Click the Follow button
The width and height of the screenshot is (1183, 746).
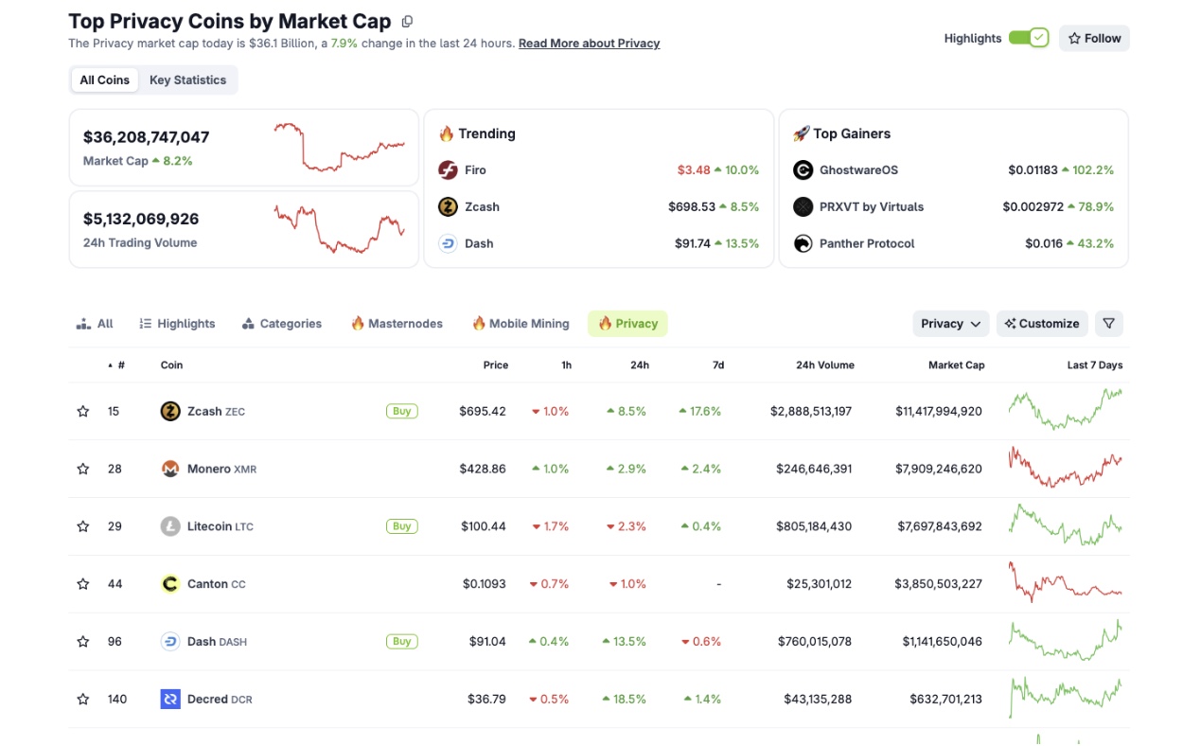(x=1094, y=38)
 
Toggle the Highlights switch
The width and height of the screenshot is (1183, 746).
(x=1028, y=38)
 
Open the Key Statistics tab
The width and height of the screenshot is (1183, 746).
(x=187, y=80)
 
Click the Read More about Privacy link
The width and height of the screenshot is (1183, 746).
(x=589, y=44)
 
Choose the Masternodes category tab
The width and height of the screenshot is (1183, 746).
(x=397, y=324)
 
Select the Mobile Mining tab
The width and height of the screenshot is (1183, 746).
(x=521, y=324)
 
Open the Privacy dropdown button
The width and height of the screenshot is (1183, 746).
(x=950, y=324)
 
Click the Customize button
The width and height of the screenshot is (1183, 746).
(x=1041, y=324)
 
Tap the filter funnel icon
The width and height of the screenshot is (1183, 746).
(x=1108, y=324)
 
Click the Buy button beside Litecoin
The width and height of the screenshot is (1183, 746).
(x=401, y=526)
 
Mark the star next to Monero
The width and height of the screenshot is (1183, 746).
(x=83, y=469)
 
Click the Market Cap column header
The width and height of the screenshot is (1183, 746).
(x=956, y=365)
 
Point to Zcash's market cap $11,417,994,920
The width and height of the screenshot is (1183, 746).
(x=938, y=412)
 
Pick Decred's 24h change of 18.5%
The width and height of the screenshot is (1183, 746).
(x=625, y=700)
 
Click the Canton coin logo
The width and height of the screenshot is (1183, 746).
(x=170, y=584)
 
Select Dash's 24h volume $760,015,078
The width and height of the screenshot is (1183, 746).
(x=813, y=642)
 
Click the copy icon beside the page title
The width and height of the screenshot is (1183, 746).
(x=407, y=22)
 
